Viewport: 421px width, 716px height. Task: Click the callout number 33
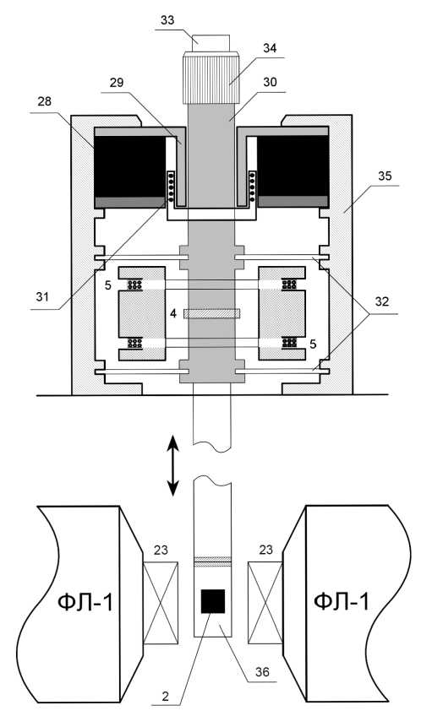point(167,20)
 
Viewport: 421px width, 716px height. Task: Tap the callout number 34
point(270,48)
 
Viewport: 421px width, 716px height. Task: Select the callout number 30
point(271,83)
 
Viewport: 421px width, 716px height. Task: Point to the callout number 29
point(117,83)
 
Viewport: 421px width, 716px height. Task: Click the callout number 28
point(45,101)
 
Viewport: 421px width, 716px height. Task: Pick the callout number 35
point(385,176)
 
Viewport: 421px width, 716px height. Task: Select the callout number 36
point(262,672)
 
